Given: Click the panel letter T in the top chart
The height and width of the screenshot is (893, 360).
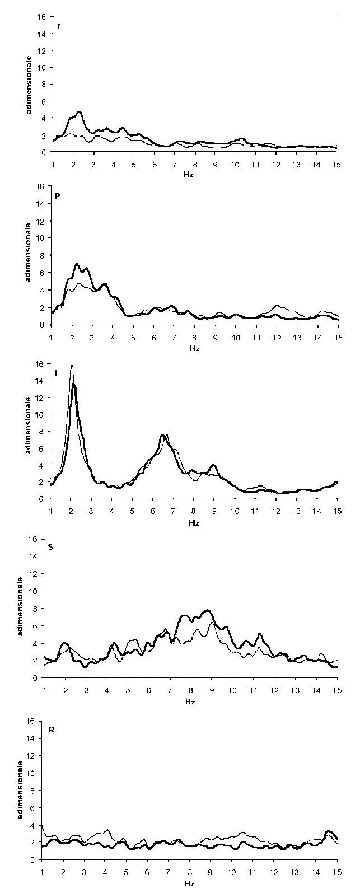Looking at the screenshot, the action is coord(59,27).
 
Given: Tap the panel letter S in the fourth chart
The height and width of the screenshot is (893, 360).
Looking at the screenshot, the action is coord(50,547).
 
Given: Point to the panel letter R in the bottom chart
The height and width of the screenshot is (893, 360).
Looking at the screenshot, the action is coord(52,730).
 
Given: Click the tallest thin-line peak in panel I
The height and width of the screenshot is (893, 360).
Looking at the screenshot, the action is coord(71,365).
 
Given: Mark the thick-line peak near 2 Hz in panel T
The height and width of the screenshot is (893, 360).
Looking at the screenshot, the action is coord(80,112).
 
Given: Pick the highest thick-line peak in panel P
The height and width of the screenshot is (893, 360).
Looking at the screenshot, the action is coord(77,264).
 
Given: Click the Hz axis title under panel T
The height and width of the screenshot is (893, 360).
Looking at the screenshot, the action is coord(188,175).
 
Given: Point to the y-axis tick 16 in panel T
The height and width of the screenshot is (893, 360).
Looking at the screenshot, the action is coord(43,17).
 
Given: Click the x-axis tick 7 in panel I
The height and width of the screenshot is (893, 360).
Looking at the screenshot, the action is coord(173,511).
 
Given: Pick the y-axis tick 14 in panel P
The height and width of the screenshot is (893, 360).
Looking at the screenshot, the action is coord(41,203).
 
